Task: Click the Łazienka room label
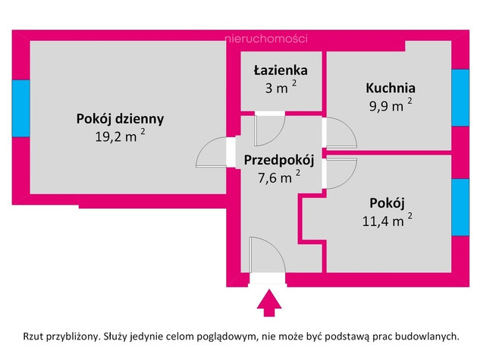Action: point(281,70)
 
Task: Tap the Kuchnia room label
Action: point(391,88)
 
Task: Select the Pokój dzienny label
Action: point(120,119)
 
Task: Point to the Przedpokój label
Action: point(279,160)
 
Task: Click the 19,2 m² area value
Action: point(120,136)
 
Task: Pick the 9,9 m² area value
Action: point(391,105)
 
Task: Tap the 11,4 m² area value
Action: point(387,221)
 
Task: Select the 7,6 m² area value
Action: point(279,177)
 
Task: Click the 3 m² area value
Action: point(281,88)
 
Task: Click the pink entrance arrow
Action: point(269,303)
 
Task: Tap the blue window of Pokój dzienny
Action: point(20,108)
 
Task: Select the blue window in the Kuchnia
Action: point(460,98)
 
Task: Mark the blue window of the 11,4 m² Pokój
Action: point(460,207)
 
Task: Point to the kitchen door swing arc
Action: point(349,126)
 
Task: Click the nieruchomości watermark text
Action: point(265,39)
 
